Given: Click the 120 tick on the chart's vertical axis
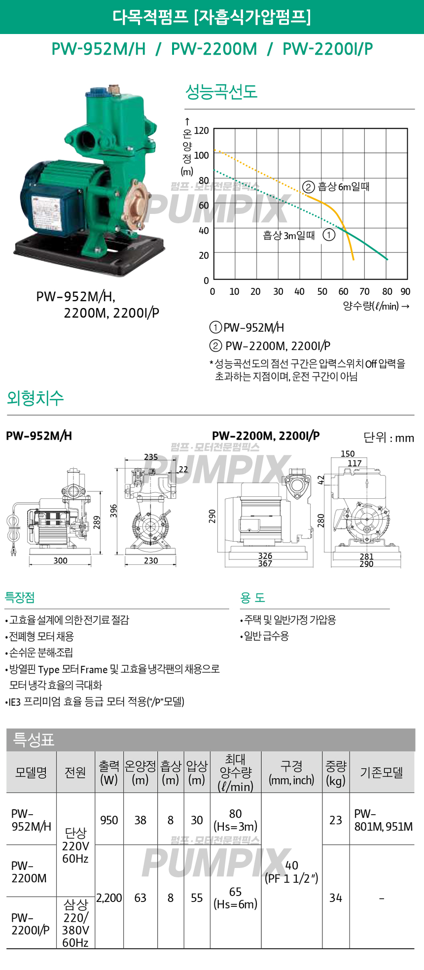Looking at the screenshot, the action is point(201,131).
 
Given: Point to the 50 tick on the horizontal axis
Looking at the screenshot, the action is point(322,291).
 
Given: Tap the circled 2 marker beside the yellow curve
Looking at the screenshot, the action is point(308,187).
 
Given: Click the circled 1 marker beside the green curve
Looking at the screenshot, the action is point(329,235).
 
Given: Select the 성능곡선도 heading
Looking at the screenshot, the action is point(221,92).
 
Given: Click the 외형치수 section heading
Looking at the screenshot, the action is point(35,398).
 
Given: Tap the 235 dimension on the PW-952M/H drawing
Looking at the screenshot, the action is point(151,457).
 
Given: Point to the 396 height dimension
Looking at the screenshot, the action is point(114,511).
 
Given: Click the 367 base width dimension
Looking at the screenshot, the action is point(265,563).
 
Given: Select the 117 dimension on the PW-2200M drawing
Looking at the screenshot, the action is point(354,463).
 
